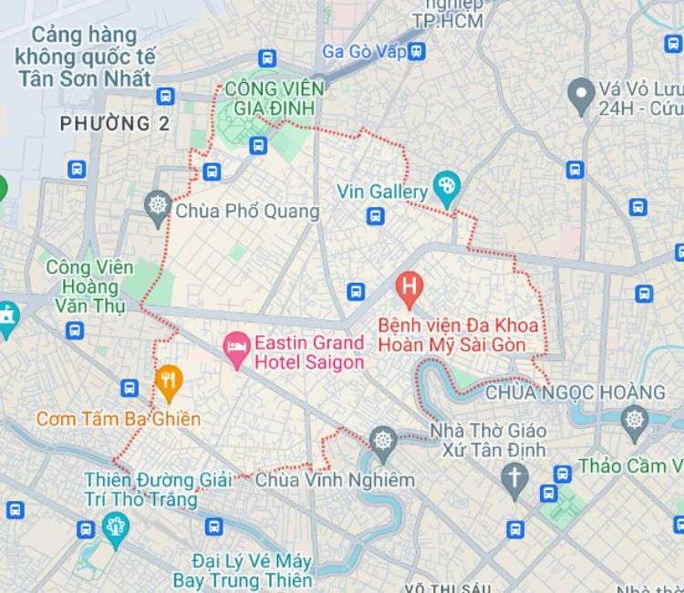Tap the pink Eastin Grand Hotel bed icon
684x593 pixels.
[x=237, y=349]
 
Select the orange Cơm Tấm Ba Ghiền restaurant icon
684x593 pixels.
[x=169, y=382]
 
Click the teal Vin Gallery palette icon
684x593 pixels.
[x=446, y=190]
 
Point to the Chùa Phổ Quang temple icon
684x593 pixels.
[x=159, y=208]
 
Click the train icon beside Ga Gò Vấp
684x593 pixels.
[x=417, y=51]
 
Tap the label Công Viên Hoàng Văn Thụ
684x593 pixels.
[x=89, y=286]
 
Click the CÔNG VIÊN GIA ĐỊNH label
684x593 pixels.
[x=270, y=99]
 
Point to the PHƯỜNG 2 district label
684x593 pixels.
[x=115, y=124]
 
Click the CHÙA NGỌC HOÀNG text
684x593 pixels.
[x=575, y=392]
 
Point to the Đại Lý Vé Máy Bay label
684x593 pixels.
[x=242, y=568]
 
